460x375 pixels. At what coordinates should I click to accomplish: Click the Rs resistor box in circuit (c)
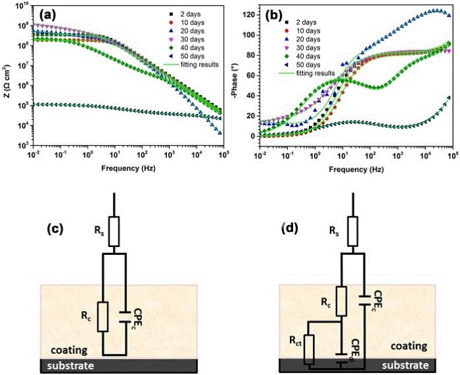(x=115, y=230)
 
